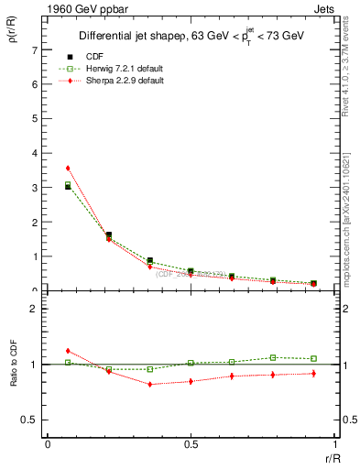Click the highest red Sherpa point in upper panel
(68, 169)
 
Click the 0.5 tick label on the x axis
(190, 443)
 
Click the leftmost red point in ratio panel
(68, 351)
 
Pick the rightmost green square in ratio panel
(313, 358)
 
